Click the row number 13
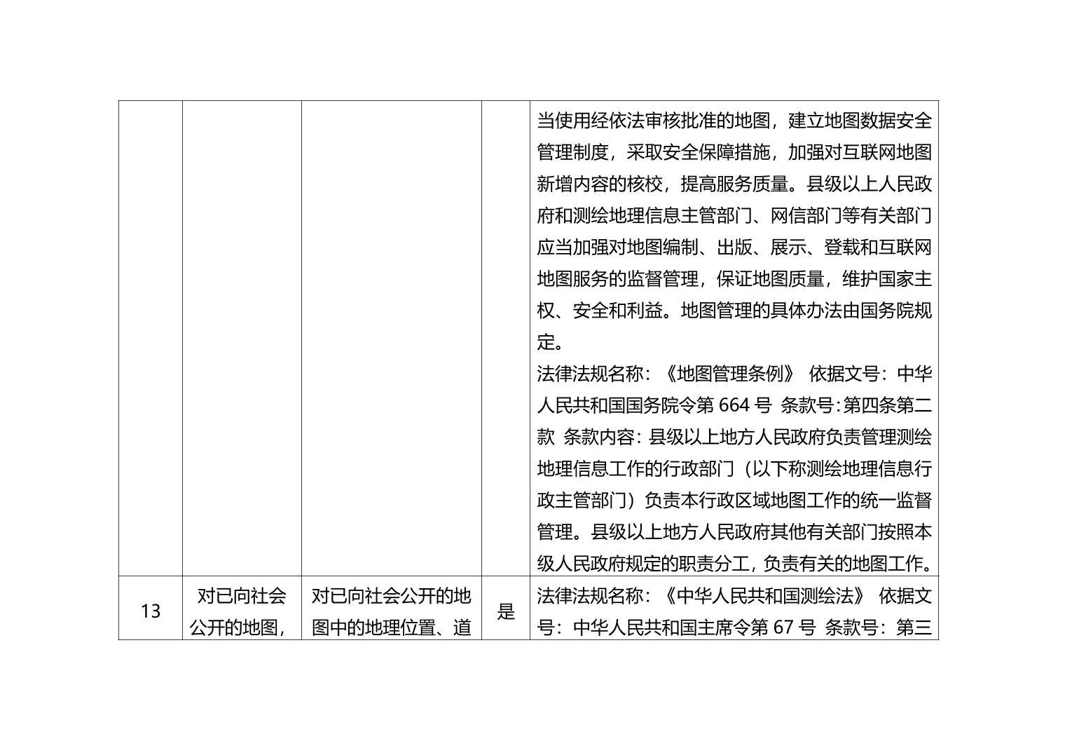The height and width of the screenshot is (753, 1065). [x=150, y=611]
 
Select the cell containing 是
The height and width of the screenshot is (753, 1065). [x=505, y=608]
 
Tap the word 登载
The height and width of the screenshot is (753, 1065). [x=841, y=247]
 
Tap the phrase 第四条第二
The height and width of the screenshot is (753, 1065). [x=887, y=405]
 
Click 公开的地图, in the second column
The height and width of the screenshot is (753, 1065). [x=238, y=627]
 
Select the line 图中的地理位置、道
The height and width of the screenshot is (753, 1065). [x=391, y=627]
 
